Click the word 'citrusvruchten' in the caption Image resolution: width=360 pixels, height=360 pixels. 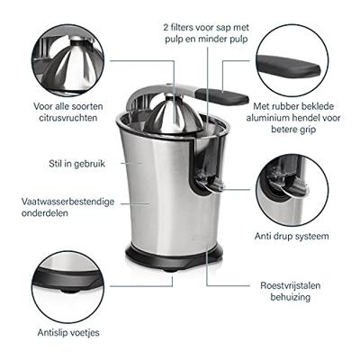[68, 118]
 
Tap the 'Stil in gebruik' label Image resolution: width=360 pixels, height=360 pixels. [77, 164]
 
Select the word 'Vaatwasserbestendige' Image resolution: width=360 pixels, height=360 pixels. [67, 202]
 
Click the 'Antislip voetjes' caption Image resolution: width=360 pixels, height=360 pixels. [68, 333]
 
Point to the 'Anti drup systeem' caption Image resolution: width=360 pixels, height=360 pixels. [292, 236]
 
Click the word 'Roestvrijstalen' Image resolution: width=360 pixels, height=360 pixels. [291, 285]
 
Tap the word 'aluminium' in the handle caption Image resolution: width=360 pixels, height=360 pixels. [267, 118]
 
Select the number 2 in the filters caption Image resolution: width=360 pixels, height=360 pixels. [166, 28]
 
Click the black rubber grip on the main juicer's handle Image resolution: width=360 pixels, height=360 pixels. [222, 97]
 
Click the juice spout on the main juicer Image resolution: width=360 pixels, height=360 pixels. [209, 184]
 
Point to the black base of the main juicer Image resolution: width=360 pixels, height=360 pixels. [174, 256]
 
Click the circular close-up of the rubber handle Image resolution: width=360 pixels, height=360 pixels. [292, 60]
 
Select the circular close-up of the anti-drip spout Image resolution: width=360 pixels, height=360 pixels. [292, 190]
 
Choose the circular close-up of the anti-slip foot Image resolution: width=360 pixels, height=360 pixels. [68, 287]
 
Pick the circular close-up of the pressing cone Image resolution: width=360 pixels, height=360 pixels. [68, 60]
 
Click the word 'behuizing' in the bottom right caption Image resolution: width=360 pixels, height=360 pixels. [291, 297]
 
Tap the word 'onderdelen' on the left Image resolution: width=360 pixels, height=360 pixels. [45, 213]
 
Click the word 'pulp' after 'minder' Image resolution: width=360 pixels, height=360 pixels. [238, 40]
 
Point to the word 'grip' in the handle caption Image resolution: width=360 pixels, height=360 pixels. [307, 130]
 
